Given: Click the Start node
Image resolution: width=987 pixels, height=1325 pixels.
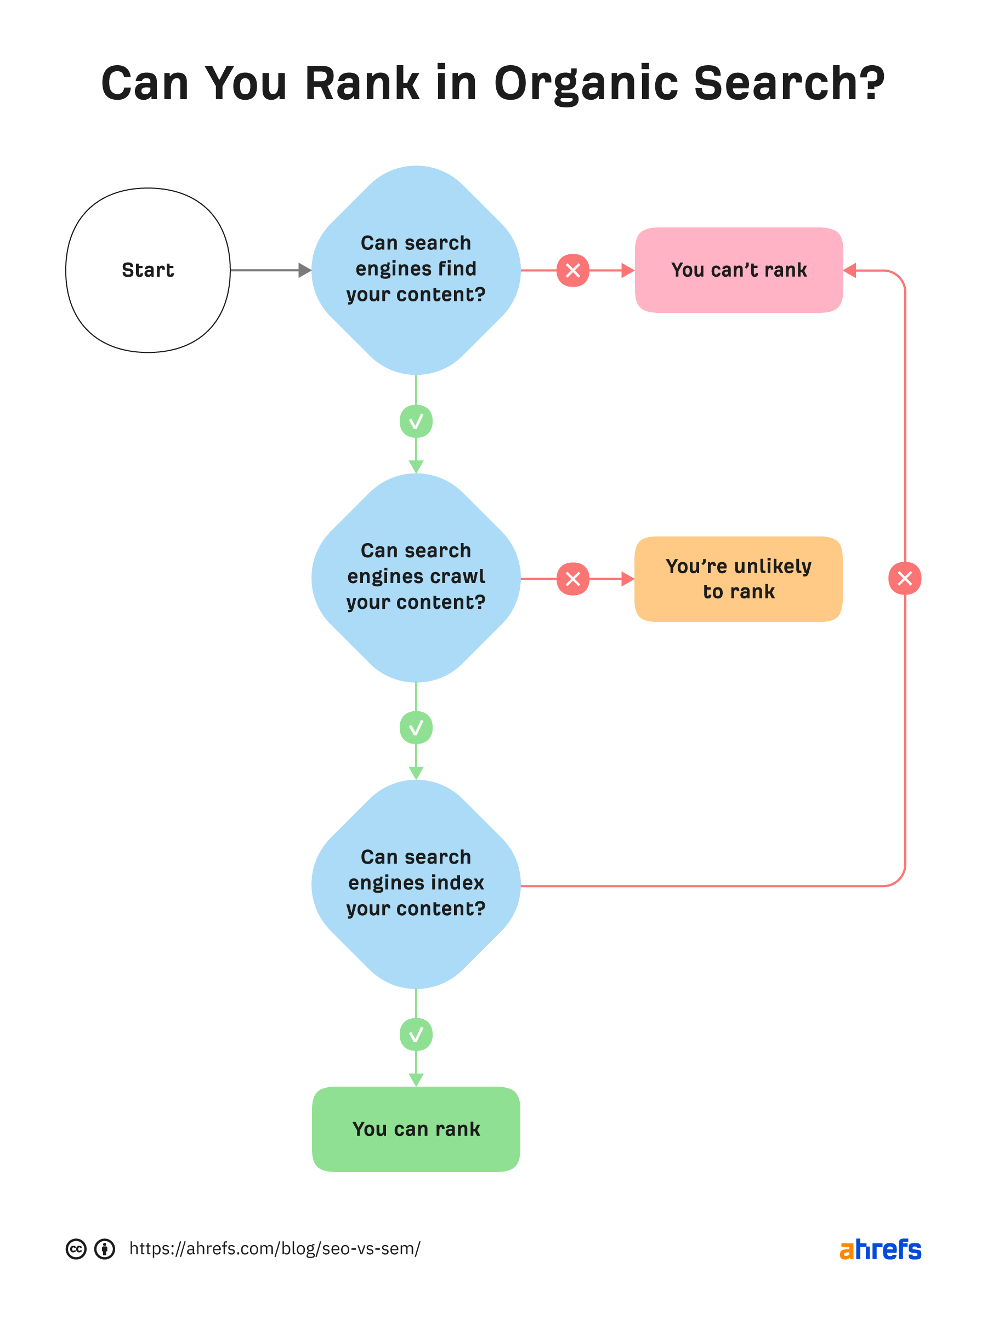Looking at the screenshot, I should click(x=148, y=270).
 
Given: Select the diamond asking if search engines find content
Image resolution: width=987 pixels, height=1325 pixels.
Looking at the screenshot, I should click(x=416, y=270).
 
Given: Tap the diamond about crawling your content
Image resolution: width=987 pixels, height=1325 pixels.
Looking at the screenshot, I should click(x=416, y=578).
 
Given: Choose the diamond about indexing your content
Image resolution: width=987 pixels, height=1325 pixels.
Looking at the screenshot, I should click(x=416, y=884).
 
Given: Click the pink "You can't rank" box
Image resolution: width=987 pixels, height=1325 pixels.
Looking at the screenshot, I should click(x=739, y=270).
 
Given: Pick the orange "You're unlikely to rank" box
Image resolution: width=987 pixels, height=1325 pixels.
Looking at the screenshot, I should click(x=739, y=579).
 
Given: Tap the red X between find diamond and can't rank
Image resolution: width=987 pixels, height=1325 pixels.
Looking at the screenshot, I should click(x=572, y=271).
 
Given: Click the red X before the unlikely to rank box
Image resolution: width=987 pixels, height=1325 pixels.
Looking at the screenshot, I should click(x=572, y=579).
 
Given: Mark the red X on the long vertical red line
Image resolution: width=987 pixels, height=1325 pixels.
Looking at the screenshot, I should click(x=905, y=578).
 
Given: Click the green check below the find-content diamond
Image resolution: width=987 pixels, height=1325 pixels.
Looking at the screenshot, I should click(x=416, y=421).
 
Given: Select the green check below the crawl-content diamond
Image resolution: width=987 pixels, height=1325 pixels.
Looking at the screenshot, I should click(x=416, y=727).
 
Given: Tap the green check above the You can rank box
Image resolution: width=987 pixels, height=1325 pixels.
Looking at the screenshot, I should click(x=416, y=1034).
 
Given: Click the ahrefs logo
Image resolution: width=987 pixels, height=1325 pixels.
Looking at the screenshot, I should click(x=880, y=1249).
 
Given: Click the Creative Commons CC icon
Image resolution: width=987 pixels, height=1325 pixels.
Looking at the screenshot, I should click(x=76, y=1249).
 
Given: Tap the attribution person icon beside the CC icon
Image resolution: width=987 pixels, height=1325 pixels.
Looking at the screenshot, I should click(x=105, y=1249).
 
